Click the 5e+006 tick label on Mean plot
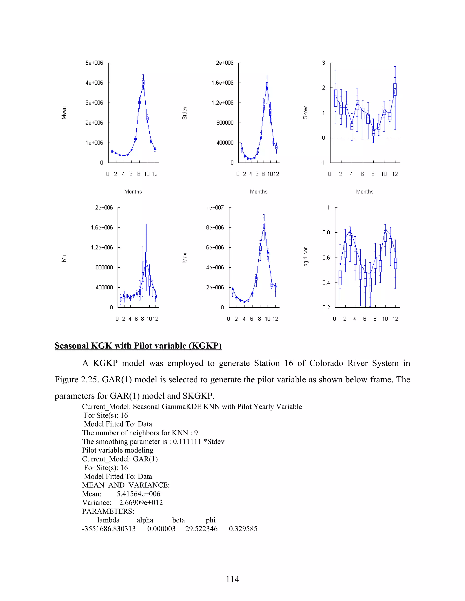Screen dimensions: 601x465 (94, 63)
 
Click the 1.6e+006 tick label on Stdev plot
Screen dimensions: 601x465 (222, 83)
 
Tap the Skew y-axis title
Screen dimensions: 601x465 (305, 112)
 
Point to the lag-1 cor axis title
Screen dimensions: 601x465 (305, 257)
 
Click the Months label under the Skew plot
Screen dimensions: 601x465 (364, 192)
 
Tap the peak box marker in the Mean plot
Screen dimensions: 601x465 (143, 83)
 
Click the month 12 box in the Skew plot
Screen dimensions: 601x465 (395, 89)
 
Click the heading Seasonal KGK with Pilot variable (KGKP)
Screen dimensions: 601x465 (138, 346)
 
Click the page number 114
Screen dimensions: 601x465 (232, 579)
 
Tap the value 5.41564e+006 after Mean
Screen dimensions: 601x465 (138, 494)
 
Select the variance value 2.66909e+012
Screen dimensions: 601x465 (141, 503)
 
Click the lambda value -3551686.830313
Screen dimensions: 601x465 (109, 529)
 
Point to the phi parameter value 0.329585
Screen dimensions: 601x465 (243, 529)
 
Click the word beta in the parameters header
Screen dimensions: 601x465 (178, 520)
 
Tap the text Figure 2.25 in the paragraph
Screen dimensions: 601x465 (76, 379)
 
